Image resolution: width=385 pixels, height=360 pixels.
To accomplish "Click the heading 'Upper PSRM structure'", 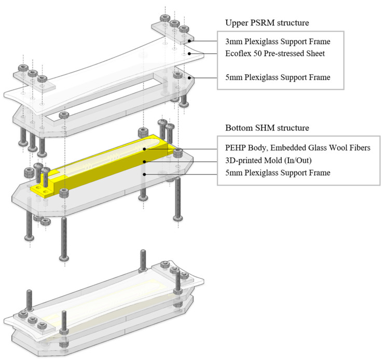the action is click(x=267, y=23).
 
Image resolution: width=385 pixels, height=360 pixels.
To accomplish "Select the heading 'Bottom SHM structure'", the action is click(x=267, y=128).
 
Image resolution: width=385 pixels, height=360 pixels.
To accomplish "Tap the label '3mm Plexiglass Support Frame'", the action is click(x=278, y=42).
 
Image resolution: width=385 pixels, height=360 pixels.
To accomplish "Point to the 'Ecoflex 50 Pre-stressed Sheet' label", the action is click(x=275, y=54).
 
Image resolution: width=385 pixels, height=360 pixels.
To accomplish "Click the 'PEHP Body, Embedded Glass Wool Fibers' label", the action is click(x=298, y=148).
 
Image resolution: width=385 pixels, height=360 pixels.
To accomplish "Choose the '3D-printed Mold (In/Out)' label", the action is click(x=268, y=161).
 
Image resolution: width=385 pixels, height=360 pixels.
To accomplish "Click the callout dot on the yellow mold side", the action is click(x=145, y=162).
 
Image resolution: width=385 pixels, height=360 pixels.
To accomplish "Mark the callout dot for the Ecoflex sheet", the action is click(x=189, y=54).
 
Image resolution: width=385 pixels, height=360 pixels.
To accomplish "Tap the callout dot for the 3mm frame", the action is click(x=189, y=41).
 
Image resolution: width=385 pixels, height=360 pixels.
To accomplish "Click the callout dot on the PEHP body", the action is click(x=145, y=149).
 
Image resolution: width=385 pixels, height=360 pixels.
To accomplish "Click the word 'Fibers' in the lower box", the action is click(x=359, y=148).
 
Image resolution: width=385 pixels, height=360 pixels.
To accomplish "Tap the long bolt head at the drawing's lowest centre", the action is click(x=64, y=258).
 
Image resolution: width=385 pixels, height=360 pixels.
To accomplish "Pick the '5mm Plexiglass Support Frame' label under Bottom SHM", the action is click(x=278, y=172).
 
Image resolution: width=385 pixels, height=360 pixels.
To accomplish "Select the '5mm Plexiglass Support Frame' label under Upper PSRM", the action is click(x=278, y=77).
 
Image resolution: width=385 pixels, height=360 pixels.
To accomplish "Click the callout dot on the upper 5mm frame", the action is click(x=189, y=78).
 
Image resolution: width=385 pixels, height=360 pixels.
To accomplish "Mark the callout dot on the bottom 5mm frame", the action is click(x=145, y=174).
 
